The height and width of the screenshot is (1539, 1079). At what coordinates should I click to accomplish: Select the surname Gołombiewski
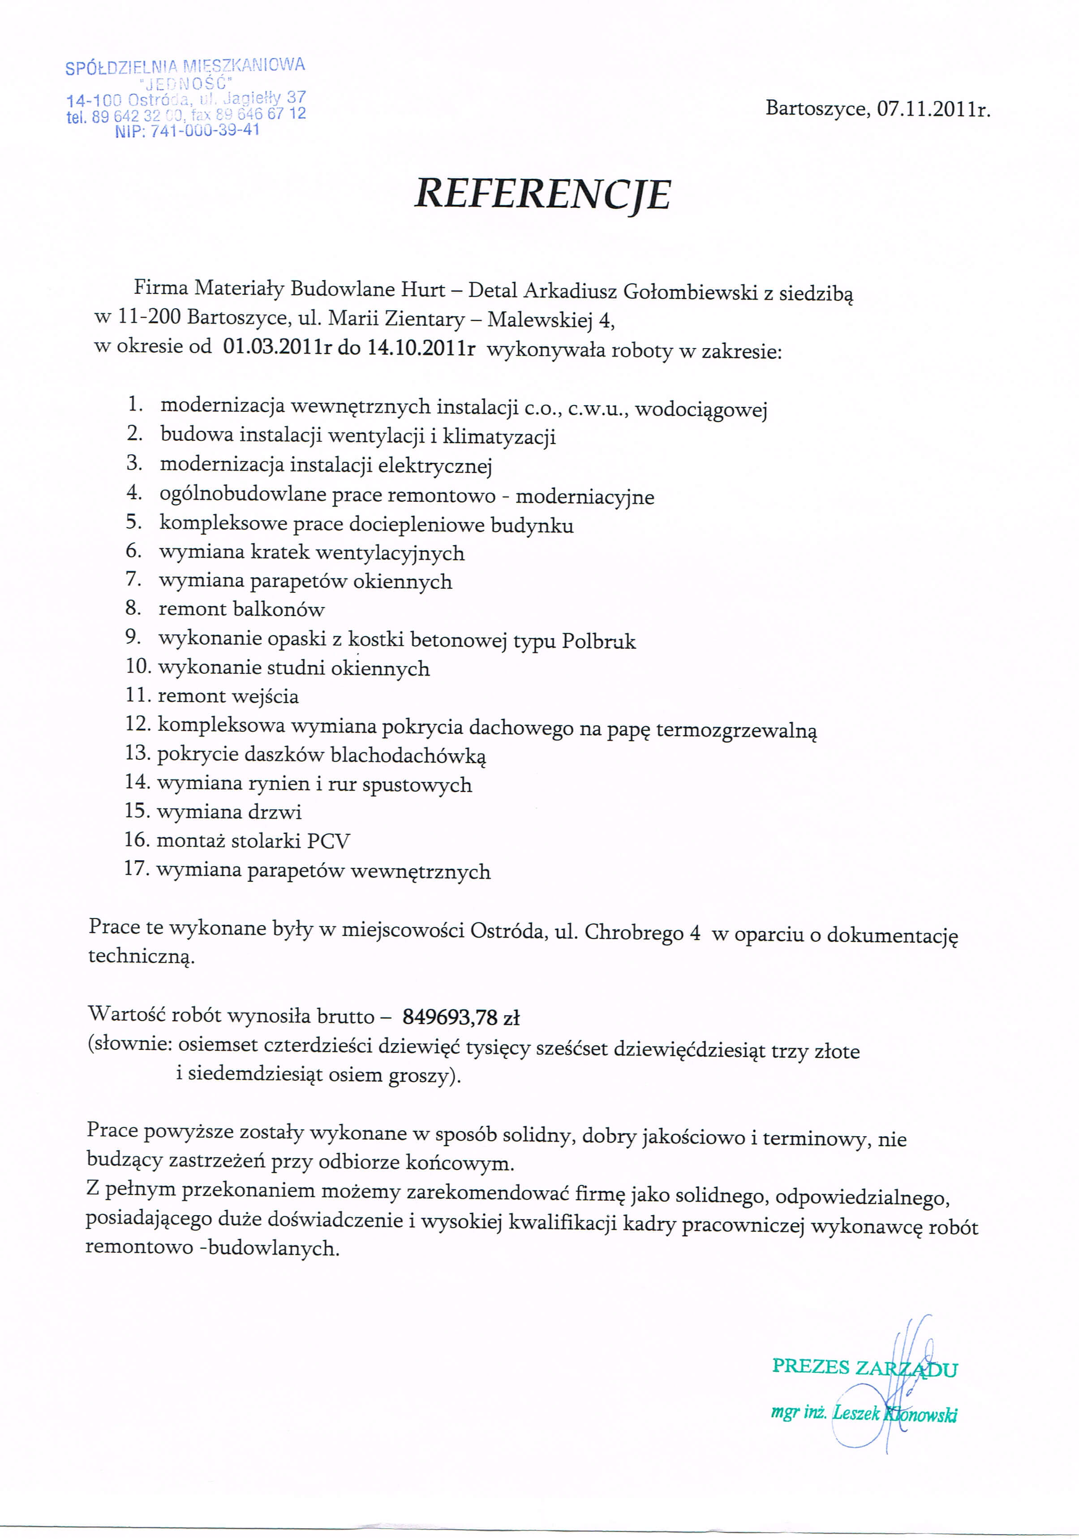(x=690, y=292)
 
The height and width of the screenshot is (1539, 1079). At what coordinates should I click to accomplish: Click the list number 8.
(x=133, y=608)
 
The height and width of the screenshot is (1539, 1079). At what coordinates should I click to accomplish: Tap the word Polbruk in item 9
(x=598, y=642)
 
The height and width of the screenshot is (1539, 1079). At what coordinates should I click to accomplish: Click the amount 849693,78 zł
(x=461, y=1017)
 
